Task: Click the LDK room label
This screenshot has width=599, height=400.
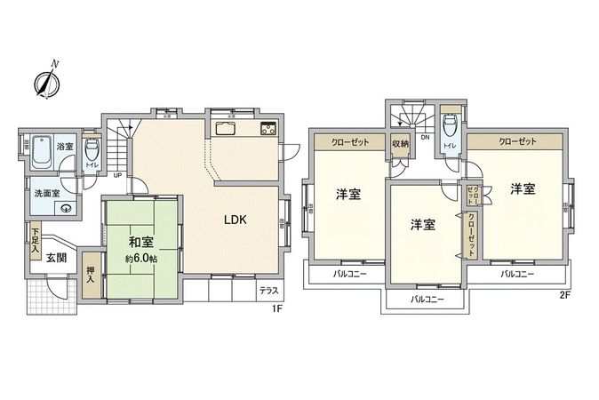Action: [235, 219]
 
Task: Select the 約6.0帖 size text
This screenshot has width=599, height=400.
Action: [141, 258]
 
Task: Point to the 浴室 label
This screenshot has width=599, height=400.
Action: [65, 147]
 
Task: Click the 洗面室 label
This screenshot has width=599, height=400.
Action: [45, 193]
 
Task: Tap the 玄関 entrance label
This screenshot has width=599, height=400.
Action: [56, 257]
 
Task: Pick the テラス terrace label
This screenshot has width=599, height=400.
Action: [268, 290]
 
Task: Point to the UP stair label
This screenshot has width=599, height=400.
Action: [117, 174]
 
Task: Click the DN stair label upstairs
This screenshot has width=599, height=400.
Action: [425, 138]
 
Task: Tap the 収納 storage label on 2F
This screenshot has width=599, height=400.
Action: [399, 143]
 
